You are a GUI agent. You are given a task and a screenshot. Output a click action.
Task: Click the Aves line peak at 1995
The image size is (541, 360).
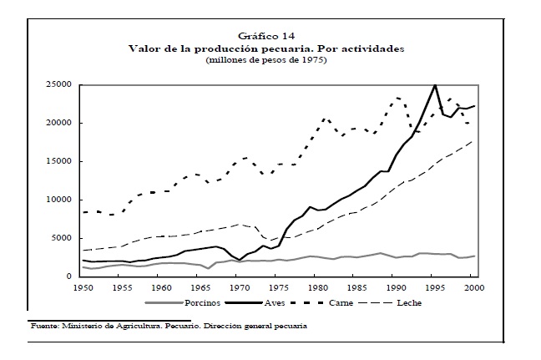[x=435, y=85]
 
